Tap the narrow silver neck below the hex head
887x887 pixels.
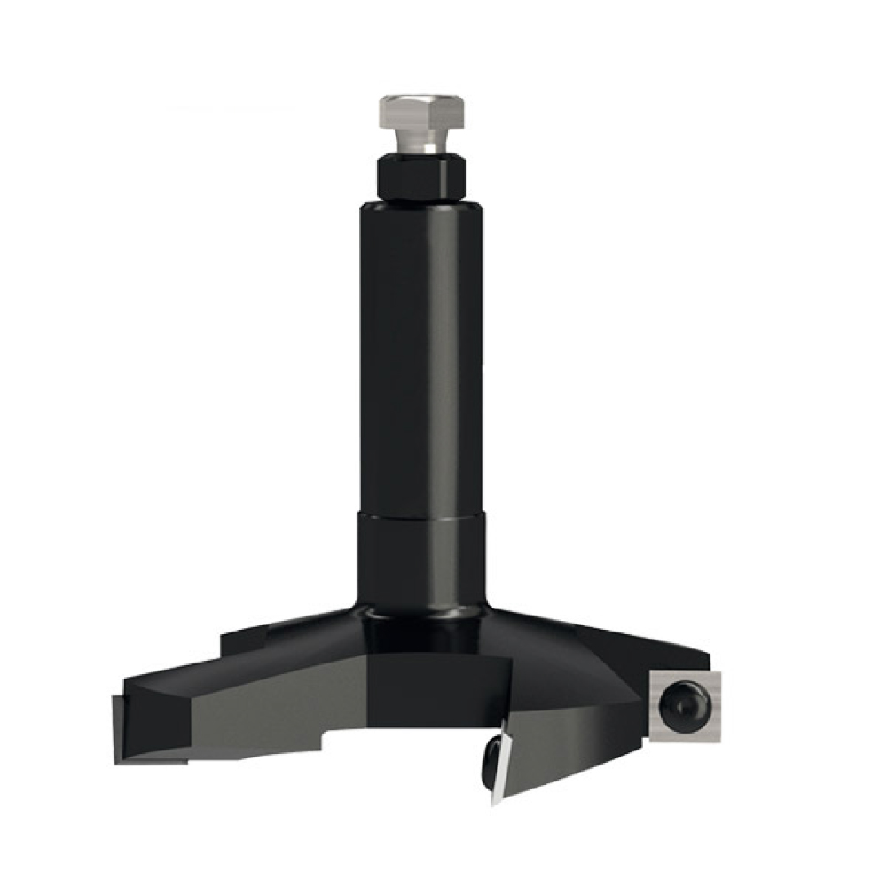tap(422, 144)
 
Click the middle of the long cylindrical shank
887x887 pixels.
tap(422, 355)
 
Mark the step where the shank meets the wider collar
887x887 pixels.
tap(422, 514)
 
